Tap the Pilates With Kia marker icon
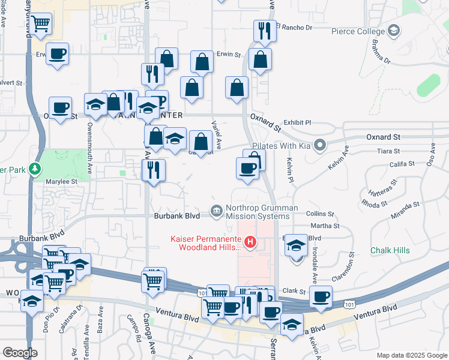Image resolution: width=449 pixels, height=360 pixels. (x=320, y=145)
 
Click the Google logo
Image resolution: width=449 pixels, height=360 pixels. (x=20, y=353)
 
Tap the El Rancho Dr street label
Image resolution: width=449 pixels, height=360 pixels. (x=295, y=27)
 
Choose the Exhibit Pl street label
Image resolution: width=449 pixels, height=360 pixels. (x=298, y=122)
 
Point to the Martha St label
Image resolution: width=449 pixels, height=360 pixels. (x=328, y=226)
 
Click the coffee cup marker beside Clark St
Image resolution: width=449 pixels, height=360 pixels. (x=321, y=295)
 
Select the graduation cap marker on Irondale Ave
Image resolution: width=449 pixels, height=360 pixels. (x=296, y=246)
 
